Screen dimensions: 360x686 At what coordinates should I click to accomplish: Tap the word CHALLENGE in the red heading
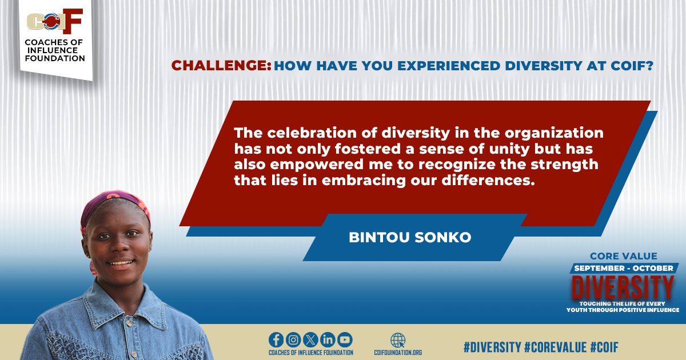tap(221, 66)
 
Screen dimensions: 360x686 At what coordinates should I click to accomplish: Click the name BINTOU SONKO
tap(410, 238)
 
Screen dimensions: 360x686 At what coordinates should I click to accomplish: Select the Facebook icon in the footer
tap(276, 339)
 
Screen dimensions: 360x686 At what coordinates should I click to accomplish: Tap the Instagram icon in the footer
tap(293, 339)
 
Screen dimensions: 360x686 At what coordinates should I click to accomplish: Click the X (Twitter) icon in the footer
tap(310, 339)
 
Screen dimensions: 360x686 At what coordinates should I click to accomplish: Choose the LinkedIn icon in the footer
tap(328, 339)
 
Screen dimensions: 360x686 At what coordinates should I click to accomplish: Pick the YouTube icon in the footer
tap(345, 339)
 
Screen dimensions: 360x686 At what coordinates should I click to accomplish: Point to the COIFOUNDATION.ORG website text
tap(398, 353)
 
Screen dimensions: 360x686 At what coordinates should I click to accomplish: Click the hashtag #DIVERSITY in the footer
tap(492, 347)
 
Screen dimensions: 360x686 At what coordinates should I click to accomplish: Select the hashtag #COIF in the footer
tap(604, 347)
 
